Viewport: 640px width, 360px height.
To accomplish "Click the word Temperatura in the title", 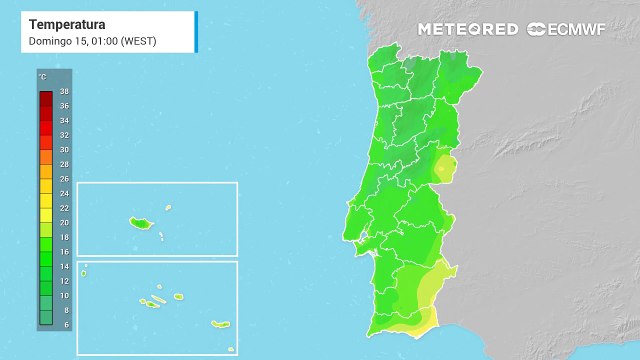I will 67,23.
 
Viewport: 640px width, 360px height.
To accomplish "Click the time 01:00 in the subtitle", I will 100,40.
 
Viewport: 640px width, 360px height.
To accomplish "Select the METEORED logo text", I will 467,29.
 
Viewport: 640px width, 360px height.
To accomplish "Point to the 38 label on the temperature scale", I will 64,91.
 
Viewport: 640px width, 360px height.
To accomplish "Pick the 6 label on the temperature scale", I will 64,324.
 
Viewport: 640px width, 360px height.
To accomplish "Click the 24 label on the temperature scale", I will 64,193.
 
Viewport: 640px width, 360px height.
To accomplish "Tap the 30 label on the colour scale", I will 64,149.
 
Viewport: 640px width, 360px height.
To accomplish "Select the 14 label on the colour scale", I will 64,266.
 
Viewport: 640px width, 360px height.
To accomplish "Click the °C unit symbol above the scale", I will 42,77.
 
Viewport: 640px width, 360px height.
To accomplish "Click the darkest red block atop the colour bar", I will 46,97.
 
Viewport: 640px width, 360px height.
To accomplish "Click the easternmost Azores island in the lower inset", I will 221,324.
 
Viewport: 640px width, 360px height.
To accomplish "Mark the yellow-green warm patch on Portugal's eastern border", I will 444,167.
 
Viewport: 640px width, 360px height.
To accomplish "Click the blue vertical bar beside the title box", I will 196,31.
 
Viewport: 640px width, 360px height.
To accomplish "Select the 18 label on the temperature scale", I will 64,237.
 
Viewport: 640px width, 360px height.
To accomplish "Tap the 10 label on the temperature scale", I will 64,295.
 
